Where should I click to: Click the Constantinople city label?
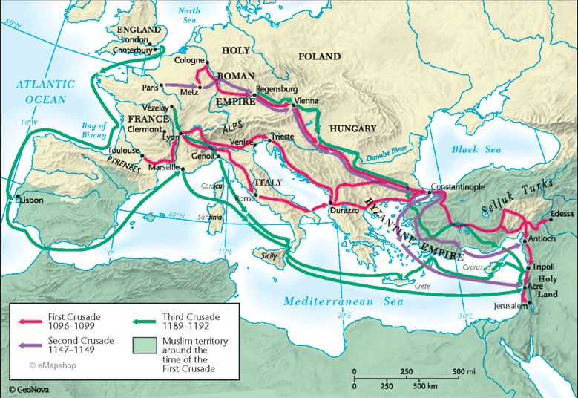pyautogui.click(x=462, y=187)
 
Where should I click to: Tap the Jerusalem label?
pyautogui.click(x=506, y=305)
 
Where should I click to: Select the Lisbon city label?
pyautogui.click(x=31, y=200)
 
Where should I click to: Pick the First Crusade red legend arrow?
pyautogui.click(x=27, y=321)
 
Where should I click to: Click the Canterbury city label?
pyautogui.click(x=132, y=50)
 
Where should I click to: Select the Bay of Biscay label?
pyautogui.click(x=93, y=131)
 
